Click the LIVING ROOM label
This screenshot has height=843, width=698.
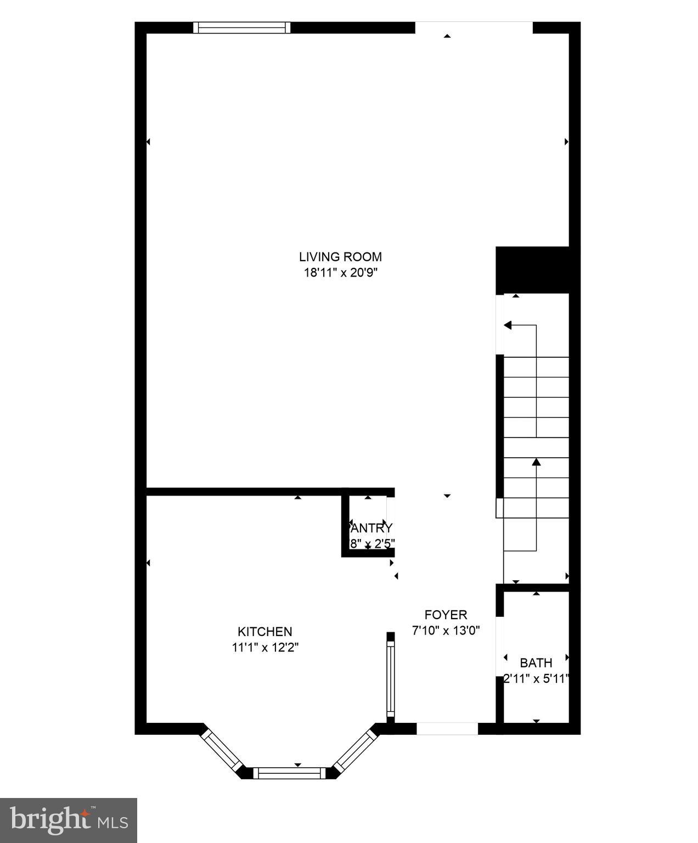tap(340, 256)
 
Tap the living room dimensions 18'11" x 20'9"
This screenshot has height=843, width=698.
tap(340, 273)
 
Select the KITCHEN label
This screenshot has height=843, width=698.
tap(264, 632)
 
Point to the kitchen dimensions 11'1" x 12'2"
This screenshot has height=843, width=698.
tap(264, 648)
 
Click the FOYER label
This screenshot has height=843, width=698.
tap(446, 615)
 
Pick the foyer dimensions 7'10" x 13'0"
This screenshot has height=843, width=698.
tap(446, 631)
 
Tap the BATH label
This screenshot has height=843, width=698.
tap(536, 662)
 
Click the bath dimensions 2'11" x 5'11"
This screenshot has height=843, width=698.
tap(536, 679)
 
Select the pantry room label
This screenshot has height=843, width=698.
tap(371, 528)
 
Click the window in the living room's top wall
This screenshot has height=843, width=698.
tap(243, 27)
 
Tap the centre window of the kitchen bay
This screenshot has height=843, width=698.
tap(289, 773)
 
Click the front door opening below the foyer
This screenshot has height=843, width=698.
tap(447, 728)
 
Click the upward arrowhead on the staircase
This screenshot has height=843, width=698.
tap(536, 462)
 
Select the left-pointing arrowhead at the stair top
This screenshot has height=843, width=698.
tap(508, 325)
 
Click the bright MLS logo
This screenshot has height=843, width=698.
tap(69, 820)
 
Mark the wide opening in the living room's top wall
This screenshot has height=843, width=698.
tap(474, 27)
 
